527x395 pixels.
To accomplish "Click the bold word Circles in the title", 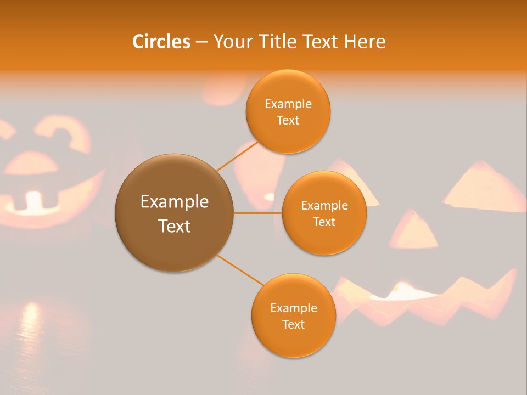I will point(161,42).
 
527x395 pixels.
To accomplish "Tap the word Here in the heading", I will point(365,42).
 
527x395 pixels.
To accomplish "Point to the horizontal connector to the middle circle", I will point(257,213).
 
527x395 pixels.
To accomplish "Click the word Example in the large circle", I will point(174,202).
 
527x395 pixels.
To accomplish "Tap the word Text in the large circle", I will point(174,226).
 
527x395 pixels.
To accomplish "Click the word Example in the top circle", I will point(288,104).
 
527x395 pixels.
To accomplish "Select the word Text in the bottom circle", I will point(293,324).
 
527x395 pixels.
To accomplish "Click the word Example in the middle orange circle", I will point(324,206).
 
